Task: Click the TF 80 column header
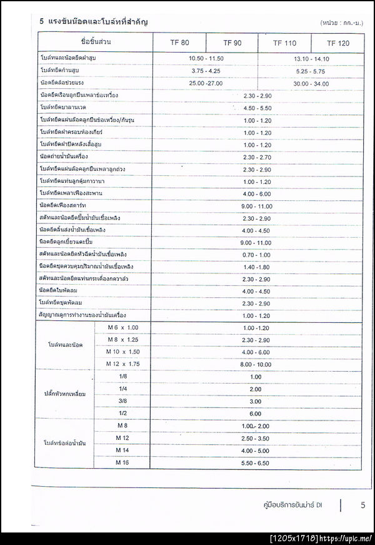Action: click(180, 43)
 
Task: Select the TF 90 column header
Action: click(232, 43)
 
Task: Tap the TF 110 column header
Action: click(284, 43)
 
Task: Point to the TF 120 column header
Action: click(338, 43)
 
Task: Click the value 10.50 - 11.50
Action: click(206, 58)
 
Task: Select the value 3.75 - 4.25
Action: click(206, 71)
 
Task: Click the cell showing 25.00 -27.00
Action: click(206, 83)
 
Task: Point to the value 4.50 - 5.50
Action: click(257, 108)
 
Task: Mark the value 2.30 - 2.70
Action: click(257, 157)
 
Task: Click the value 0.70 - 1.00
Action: click(257, 255)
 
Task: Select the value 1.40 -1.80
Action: click(257, 267)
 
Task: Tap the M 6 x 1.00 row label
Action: click(122, 328)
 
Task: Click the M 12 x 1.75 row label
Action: click(122, 364)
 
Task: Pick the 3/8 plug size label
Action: click(122, 401)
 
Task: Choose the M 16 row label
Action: click(122, 462)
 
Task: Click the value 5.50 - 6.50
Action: click(256, 463)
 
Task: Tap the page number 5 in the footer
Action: click(362, 505)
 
